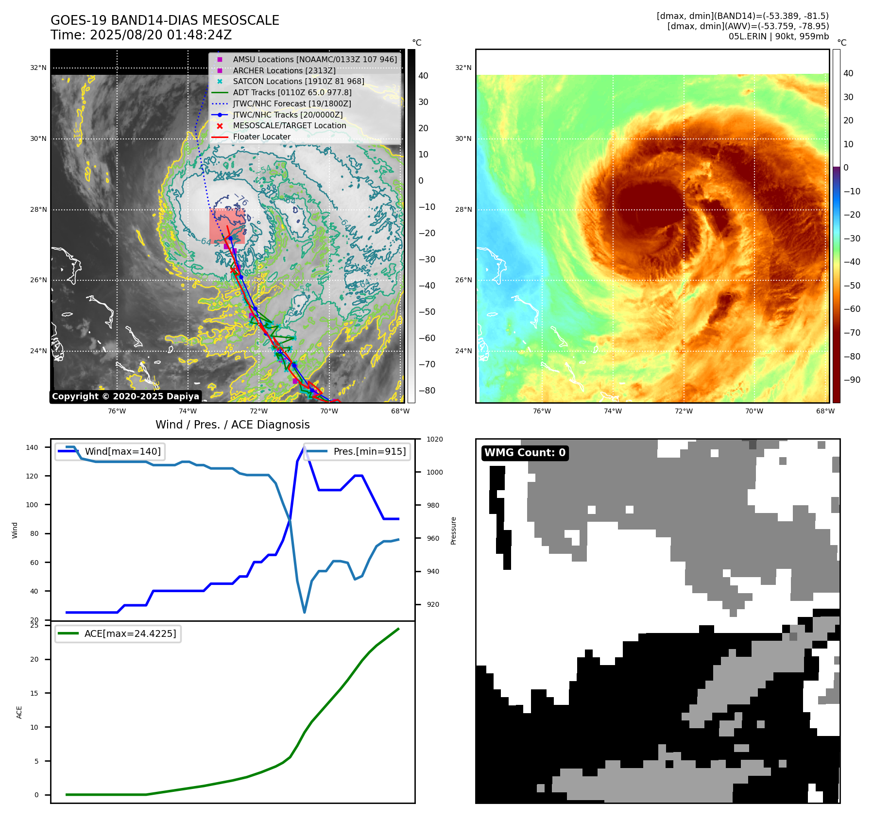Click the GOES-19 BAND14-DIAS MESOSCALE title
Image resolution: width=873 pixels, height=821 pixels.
click(165, 20)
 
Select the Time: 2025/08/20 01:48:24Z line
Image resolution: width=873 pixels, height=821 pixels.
click(141, 35)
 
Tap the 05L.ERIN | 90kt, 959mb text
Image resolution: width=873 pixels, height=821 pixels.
click(778, 36)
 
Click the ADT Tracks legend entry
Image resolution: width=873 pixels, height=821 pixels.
click(292, 92)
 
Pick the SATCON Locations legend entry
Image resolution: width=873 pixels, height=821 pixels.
click(298, 81)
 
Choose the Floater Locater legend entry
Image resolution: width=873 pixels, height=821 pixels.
click(261, 137)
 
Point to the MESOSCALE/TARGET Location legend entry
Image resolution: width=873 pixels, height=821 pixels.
click(290, 125)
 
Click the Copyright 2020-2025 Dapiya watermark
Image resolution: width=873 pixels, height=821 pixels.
click(125, 396)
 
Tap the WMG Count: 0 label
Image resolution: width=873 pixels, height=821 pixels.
click(525, 453)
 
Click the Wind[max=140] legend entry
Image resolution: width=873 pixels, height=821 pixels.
click(122, 451)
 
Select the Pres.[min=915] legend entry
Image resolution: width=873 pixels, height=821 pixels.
click(369, 451)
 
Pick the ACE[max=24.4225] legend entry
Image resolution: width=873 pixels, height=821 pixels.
click(130, 633)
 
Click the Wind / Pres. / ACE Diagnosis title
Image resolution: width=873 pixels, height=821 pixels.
click(232, 425)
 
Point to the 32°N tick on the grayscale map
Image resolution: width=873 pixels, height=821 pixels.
click(38, 68)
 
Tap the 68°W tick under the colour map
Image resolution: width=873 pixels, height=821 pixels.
click(825, 411)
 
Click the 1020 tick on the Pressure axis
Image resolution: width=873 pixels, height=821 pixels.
click(434, 439)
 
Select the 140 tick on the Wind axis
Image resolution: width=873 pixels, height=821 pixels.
click(32, 447)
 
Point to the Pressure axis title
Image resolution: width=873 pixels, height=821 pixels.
click(453, 530)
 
